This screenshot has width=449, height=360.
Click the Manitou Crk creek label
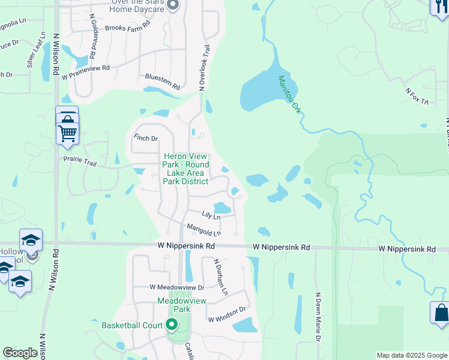click(289, 94)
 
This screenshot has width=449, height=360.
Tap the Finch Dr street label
click(146, 138)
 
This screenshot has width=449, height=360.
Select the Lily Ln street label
click(211, 214)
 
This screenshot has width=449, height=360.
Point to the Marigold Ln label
click(203, 229)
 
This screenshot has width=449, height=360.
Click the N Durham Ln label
click(221, 277)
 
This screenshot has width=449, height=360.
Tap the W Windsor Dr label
click(228, 314)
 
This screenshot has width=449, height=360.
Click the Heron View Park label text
click(187, 169)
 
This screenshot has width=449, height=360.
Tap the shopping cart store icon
click(67, 133)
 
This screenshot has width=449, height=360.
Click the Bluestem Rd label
click(163, 82)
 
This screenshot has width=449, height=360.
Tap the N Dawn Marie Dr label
click(318, 317)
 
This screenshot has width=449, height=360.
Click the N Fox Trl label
click(417, 96)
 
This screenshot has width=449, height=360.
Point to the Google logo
click(20, 353)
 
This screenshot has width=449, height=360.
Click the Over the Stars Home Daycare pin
click(173, 6)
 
